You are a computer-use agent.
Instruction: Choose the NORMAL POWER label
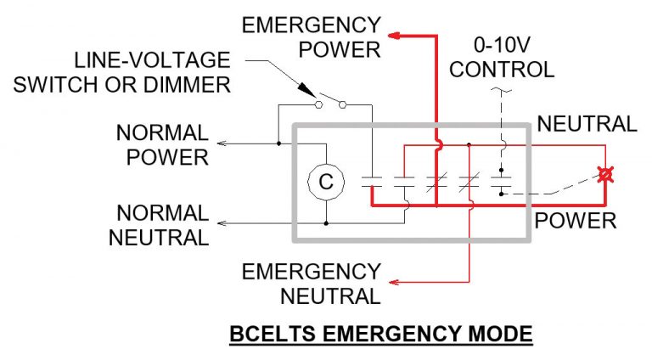[162, 144]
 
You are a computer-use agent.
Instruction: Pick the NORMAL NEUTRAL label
[159, 225]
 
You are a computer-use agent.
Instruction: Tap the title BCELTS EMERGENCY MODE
[380, 335]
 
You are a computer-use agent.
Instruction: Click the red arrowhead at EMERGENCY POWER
[396, 37]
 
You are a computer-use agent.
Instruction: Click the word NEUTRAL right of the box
[587, 124]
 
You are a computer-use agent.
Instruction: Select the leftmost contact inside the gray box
[372, 181]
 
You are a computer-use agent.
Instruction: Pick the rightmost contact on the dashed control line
[503, 181]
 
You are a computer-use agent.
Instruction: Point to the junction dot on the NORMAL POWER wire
[278, 144]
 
